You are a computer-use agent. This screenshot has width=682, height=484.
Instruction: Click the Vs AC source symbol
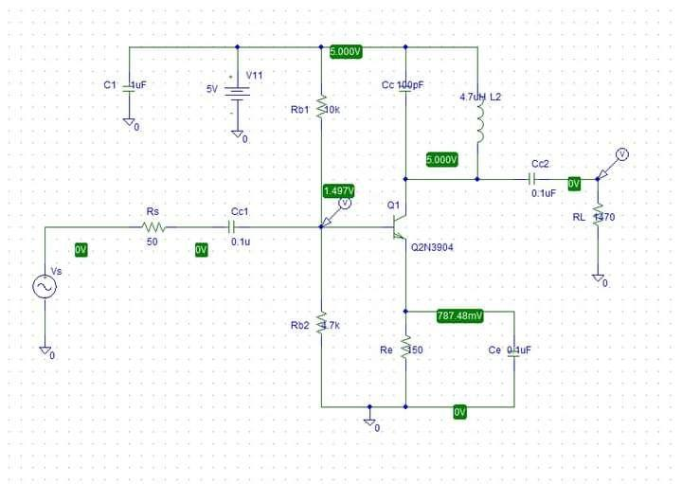pos(45,287)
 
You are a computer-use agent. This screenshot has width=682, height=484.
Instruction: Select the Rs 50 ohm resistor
pos(153,227)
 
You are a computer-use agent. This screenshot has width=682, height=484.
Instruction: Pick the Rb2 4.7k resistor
pos(322,324)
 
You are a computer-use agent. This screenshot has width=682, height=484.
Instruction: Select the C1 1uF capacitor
pos(129,85)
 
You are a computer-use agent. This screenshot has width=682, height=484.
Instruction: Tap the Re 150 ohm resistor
pos(405,350)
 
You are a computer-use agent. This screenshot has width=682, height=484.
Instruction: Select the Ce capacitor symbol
pos(514,350)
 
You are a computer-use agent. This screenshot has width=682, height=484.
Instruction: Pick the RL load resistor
pos(598,217)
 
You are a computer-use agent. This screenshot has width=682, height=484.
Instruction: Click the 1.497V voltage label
pos(340,190)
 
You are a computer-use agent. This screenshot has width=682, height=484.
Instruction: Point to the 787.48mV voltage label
pos(459,315)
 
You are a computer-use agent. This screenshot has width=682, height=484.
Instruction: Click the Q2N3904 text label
pos(433,248)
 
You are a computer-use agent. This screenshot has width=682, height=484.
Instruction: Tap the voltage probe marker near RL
pos(620,155)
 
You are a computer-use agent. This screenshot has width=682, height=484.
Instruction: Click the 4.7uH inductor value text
pos(473,97)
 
